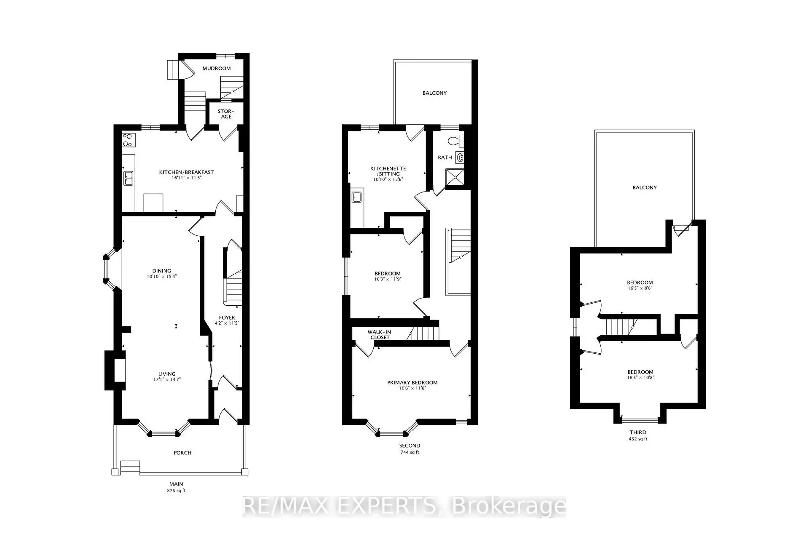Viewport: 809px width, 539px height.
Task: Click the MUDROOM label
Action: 217,68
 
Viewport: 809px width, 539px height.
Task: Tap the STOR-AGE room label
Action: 226,114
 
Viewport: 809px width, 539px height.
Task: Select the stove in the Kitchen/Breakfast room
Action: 128,140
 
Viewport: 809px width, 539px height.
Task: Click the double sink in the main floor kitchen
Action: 128,179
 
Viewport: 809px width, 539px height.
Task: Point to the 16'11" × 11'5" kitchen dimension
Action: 186,178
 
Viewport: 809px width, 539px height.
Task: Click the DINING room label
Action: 162,271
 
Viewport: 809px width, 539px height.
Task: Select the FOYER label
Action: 227,318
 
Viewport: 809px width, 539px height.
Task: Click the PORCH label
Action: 182,453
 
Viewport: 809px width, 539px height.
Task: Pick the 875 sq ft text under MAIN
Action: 176,491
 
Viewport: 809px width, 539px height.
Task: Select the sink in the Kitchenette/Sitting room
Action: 356,197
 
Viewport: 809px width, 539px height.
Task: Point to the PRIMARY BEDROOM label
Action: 412,382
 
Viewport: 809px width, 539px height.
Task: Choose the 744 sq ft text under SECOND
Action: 410,452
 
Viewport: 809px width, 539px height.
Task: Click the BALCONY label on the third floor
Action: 644,187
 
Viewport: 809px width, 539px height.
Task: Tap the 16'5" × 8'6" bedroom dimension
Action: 640,288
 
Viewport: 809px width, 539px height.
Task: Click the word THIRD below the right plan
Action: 638,432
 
